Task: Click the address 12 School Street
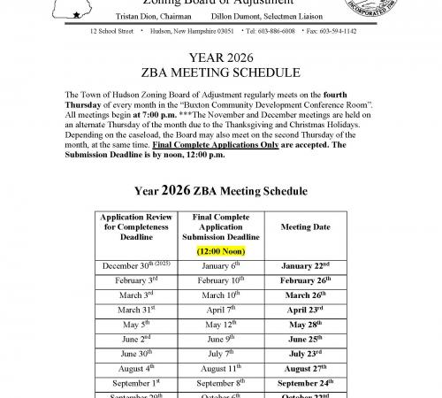[111, 31]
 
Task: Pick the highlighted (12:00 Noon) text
[220, 250]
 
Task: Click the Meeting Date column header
[306, 227]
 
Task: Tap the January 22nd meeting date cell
[306, 264]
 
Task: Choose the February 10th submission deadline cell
[220, 279]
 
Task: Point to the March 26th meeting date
[306, 295]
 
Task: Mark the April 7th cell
[220, 310]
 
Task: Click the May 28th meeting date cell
[306, 325]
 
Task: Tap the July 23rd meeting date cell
[306, 355]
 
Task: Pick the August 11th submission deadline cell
[220, 370]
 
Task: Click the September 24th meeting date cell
[306, 385]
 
